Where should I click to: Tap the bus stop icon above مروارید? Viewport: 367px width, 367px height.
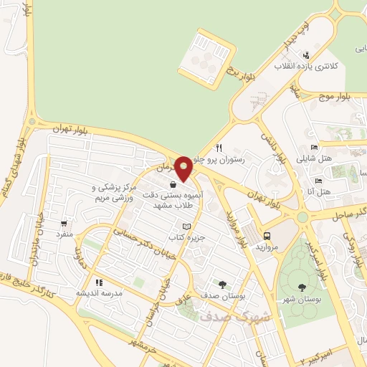pos(267,235)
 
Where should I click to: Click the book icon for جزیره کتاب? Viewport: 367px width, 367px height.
pos(188,226)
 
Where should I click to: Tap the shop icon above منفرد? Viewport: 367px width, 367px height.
pos(66,223)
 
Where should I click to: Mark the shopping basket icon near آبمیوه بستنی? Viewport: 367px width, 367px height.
pos(173,184)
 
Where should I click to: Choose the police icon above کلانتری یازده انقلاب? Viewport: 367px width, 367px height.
pos(306,55)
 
